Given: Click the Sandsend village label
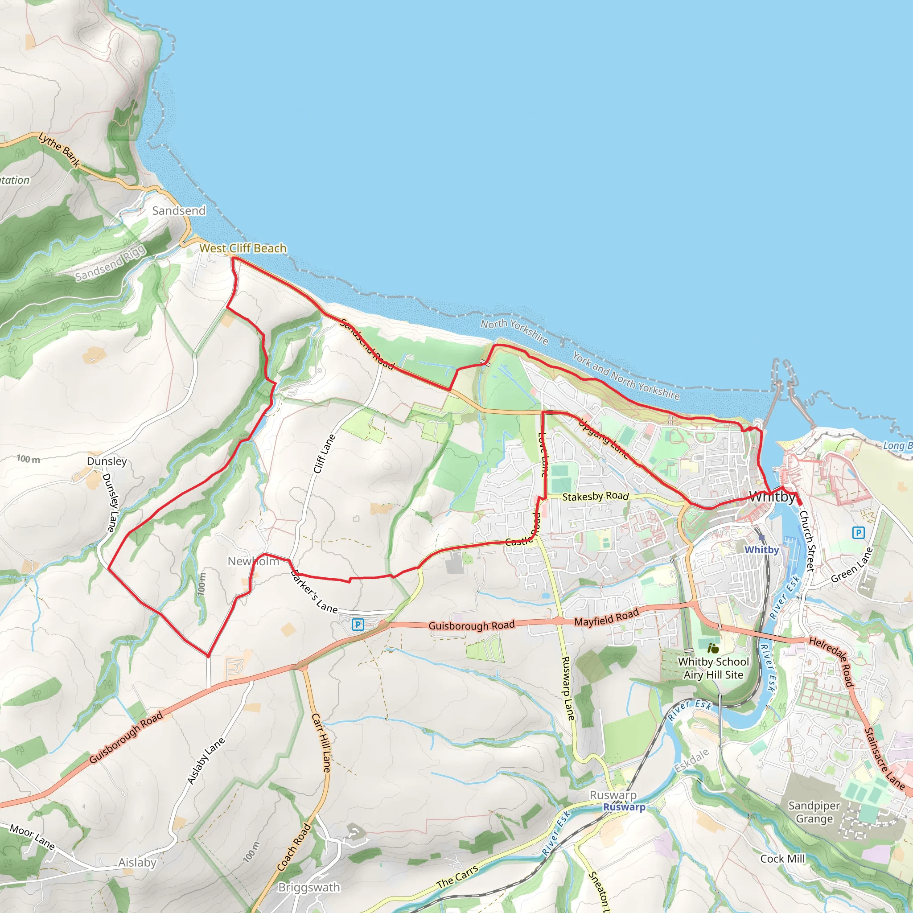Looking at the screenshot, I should point(179,211).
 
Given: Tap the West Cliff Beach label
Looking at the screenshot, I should point(243,249).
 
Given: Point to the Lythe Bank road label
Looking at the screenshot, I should point(59,150).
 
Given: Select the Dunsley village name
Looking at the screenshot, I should point(107,461).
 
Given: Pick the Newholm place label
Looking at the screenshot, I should point(253,561).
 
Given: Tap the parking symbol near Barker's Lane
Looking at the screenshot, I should point(358,625).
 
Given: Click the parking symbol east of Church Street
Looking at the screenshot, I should point(858,533).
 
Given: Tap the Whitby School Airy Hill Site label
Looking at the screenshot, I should point(714,668).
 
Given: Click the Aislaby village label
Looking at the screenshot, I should point(137,863).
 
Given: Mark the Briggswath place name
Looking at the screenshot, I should point(309,888).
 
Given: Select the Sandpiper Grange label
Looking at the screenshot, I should point(814,812).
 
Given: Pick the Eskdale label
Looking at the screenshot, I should point(692,761).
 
